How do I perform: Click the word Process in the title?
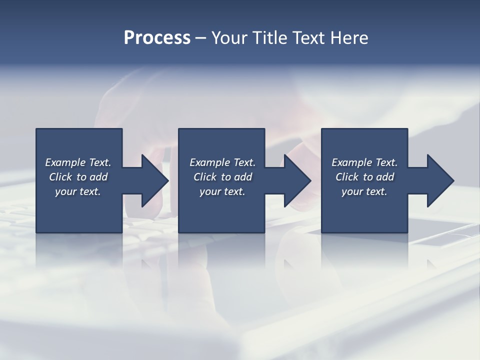pos(157,38)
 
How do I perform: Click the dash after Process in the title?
pos(201,38)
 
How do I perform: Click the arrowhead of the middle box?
pos(296,181)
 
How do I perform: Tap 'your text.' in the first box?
pos(78,191)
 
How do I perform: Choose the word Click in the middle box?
pos(205,177)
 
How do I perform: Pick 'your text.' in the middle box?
pos(222,191)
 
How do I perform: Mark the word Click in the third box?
pos(347,177)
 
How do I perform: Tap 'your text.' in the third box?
pos(364,191)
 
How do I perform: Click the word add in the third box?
pos(385,177)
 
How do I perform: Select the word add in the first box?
pos(98,177)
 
